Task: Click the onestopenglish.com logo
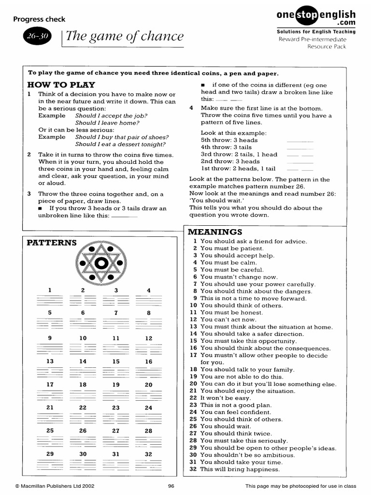point(316,18)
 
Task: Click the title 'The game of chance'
point(125,36)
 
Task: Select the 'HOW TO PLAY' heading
point(61,85)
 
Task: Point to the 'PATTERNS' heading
point(52,243)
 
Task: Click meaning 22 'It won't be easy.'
point(223,398)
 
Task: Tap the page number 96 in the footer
point(171,486)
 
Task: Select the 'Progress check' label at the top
point(39,19)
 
